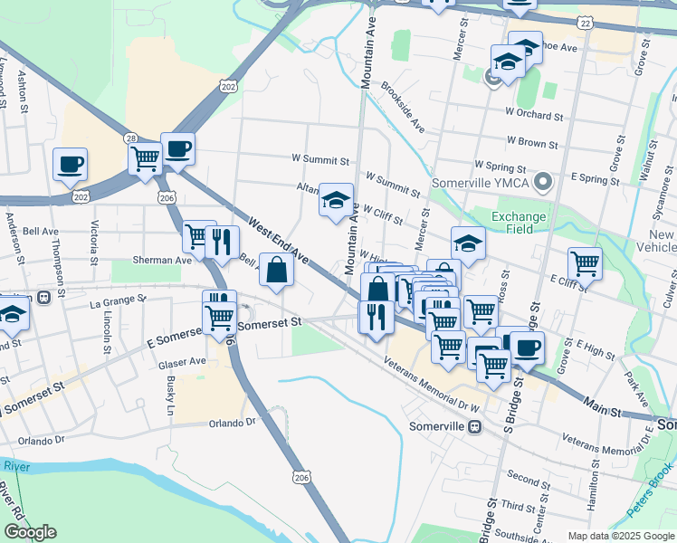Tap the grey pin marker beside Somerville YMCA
[543, 183]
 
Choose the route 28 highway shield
[132, 138]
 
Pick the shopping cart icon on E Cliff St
[586, 264]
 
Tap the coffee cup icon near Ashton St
[70, 165]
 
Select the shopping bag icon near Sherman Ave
[276, 270]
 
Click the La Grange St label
[119, 300]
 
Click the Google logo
[31, 531]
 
